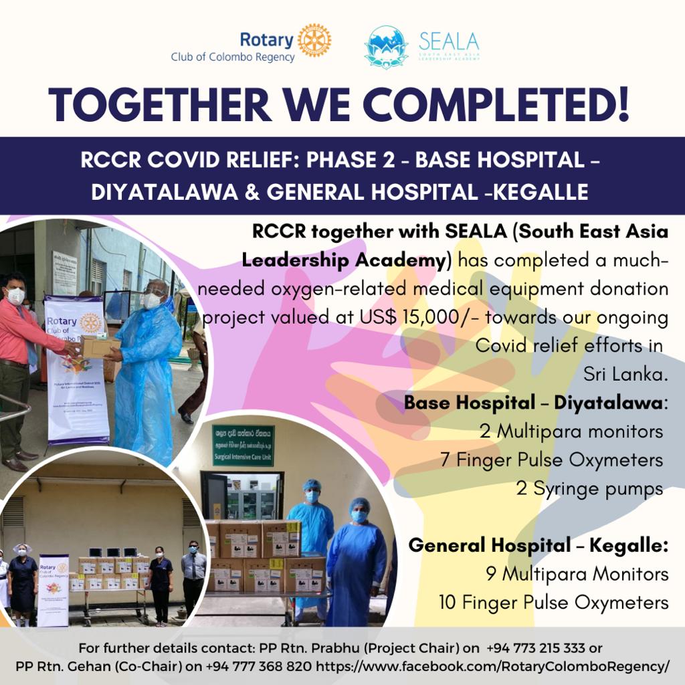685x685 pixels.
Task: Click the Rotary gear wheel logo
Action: tap(314, 40)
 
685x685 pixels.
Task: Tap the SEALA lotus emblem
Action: tap(386, 45)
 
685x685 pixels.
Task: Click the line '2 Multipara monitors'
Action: tap(571, 431)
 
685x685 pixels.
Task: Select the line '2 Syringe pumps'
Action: tap(589, 488)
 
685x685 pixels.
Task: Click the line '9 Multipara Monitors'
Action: tap(577, 574)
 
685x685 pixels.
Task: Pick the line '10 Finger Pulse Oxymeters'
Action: tap(553, 602)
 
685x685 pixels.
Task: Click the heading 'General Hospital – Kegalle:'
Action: tap(539, 545)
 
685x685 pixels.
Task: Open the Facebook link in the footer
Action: tap(492, 666)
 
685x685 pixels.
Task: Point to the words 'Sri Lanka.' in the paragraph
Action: tap(625, 375)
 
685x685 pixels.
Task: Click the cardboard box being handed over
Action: tap(100, 347)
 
